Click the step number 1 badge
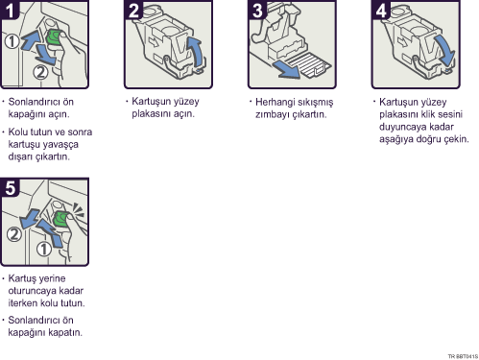click(x=10, y=10)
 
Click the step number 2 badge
click(x=133, y=10)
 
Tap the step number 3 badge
click(x=257, y=10)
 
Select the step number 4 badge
click(x=381, y=10)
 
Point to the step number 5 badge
click(x=10, y=187)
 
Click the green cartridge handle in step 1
click(x=55, y=37)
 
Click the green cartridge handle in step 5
click(x=60, y=219)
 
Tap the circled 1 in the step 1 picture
click(x=12, y=41)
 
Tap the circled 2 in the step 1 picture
click(x=40, y=72)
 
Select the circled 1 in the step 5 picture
click(x=43, y=249)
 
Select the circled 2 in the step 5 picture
click(x=14, y=234)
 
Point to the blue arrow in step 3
click(x=286, y=69)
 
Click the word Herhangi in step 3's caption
click(x=275, y=103)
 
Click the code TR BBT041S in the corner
click(x=463, y=356)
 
